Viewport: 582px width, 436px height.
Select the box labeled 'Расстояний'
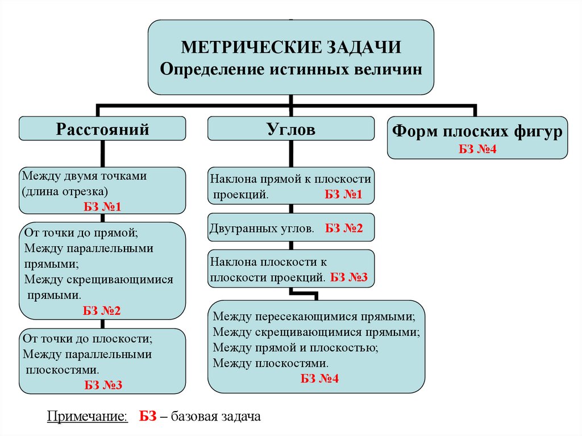pos(102,129)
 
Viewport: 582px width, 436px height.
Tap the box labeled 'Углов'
pos(290,129)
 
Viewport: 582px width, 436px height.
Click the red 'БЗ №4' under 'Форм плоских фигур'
pos(477,150)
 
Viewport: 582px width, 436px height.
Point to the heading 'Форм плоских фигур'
pos(477,132)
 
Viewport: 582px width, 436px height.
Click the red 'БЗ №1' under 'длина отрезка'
pos(103,206)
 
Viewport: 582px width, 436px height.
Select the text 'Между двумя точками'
pos(85,176)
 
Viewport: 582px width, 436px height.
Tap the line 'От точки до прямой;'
pos(81,233)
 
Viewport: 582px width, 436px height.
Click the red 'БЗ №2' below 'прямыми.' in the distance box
pos(102,310)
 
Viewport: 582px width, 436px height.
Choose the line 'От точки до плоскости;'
pos(88,339)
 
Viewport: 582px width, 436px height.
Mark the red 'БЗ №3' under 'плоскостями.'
pos(103,384)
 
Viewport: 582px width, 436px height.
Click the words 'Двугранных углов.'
pos(262,229)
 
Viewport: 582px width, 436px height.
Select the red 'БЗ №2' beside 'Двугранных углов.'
pos(344,229)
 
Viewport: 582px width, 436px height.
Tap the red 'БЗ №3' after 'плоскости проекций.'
pos(350,277)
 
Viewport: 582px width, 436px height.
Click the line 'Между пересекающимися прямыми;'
pos(318,317)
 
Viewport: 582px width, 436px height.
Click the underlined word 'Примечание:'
pos(87,417)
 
